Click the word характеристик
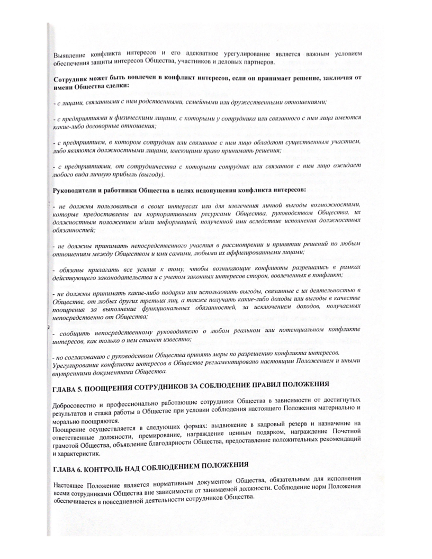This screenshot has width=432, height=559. click(78, 454)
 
